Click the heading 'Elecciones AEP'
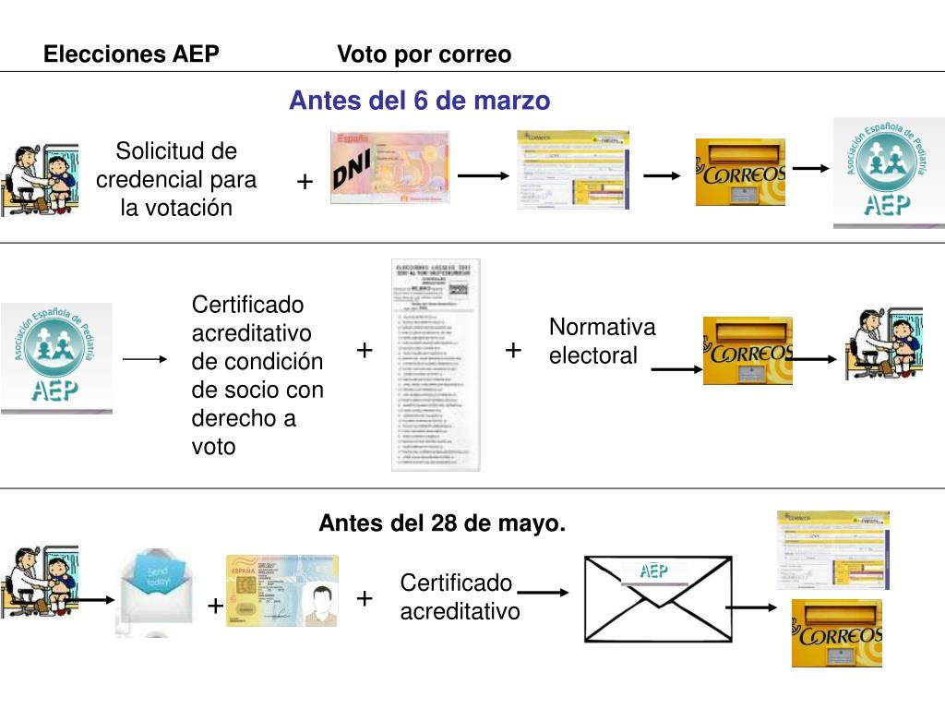pyautogui.click(x=131, y=54)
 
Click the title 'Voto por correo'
pyautogui.click(x=424, y=54)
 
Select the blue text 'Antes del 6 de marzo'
pyautogui.click(x=419, y=100)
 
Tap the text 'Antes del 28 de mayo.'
pyautogui.click(x=442, y=524)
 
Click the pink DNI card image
pyautogui.click(x=389, y=167)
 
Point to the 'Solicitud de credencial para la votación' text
pyautogui.click(x=176, y=179)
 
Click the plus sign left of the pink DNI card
pyautogui.click(x=305, y=183)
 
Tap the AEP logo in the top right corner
pyautogui.click(x=888, y=172)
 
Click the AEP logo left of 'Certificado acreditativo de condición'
pyautogui.click(x=56, y=357)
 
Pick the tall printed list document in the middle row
pyautogui.click(x=436, y=366)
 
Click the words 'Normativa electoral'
pyautogui.click(x=602, y=342)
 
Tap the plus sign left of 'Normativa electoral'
pyautogui.click(x=514, y=350)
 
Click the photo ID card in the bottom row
pyautogui.click(x=282, y=591)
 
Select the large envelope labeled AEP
pyautogui.click(x=657, y=598)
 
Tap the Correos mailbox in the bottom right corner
pyautogui.click(x=836, y=633)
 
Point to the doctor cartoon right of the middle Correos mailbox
pyautogui.click(x=883, y=343)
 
